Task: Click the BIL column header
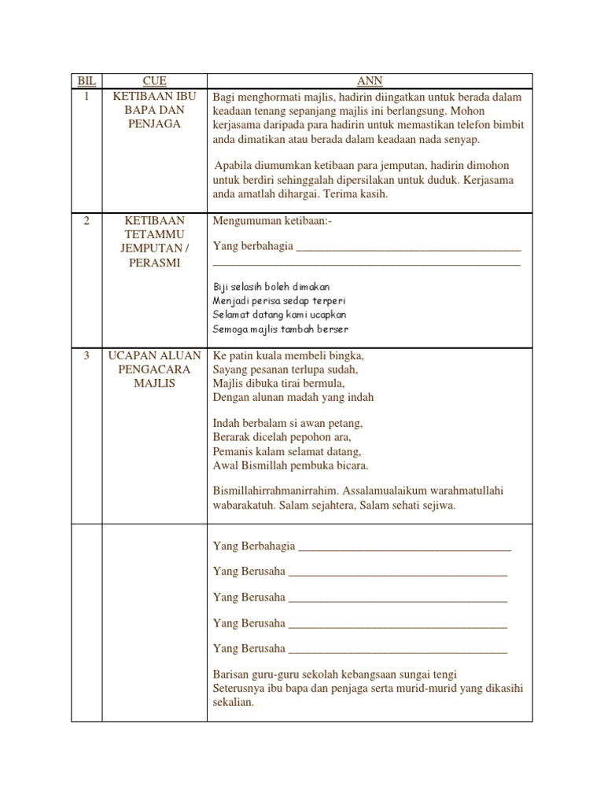(87, 81)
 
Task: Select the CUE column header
(154, 81)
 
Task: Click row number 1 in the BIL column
(87, 96)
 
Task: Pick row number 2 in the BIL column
(87, 221)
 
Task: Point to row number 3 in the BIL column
(87, 355)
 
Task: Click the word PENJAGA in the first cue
(154, 124)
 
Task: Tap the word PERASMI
(154, 263)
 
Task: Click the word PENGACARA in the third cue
(154, 369)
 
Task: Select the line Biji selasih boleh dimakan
(271, 287)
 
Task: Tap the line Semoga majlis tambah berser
(281, 329)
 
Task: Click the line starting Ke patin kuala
(289, 355)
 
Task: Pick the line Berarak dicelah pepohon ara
(282, 437)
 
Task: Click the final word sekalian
(233, 703)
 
